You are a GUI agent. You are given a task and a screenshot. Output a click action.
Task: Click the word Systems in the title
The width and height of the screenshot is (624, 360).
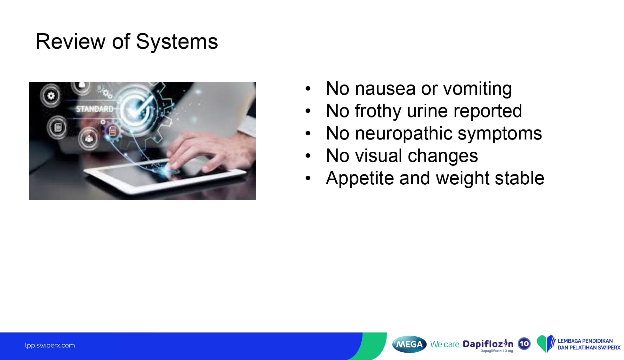pyautogui.click(x=177, y=42)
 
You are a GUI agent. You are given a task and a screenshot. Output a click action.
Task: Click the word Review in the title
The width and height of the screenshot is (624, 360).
pyautogui.click(x=70, y=42)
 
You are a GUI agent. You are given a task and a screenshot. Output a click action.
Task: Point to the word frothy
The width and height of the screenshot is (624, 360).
pyautogui.click(x=378, y=111)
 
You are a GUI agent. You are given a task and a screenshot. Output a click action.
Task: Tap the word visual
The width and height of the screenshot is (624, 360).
pyautogui.click(x=378, y=156)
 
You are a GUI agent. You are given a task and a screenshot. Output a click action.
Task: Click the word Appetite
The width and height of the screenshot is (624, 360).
pyautogui.click(x=360, y=178)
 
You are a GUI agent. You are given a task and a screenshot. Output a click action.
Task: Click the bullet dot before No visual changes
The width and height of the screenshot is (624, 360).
pyautogui.click(x=308, y=156)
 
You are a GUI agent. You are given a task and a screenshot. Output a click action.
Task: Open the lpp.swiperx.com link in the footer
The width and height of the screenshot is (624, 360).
pyautogui.click(x=50, y=346)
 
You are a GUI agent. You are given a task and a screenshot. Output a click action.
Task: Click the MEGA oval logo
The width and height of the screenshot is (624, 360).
pyautogui.click(x=409, y=344)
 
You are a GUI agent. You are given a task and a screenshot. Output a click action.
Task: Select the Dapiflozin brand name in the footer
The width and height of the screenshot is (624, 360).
pyautogui.click(x=488, y=344)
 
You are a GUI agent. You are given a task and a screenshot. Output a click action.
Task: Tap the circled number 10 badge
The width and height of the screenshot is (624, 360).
pyautogui.click(x=524, y=344)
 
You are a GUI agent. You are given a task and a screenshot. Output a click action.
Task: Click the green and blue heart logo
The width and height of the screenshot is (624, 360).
pyautogui.click(x=546, y=344)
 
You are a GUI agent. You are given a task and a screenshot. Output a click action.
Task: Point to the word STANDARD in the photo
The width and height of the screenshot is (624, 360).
pyautogui.click(x=95, y=109)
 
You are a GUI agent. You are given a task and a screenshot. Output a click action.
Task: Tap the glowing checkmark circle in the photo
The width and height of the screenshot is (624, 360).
pyautogui.click(x=137, y=109)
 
